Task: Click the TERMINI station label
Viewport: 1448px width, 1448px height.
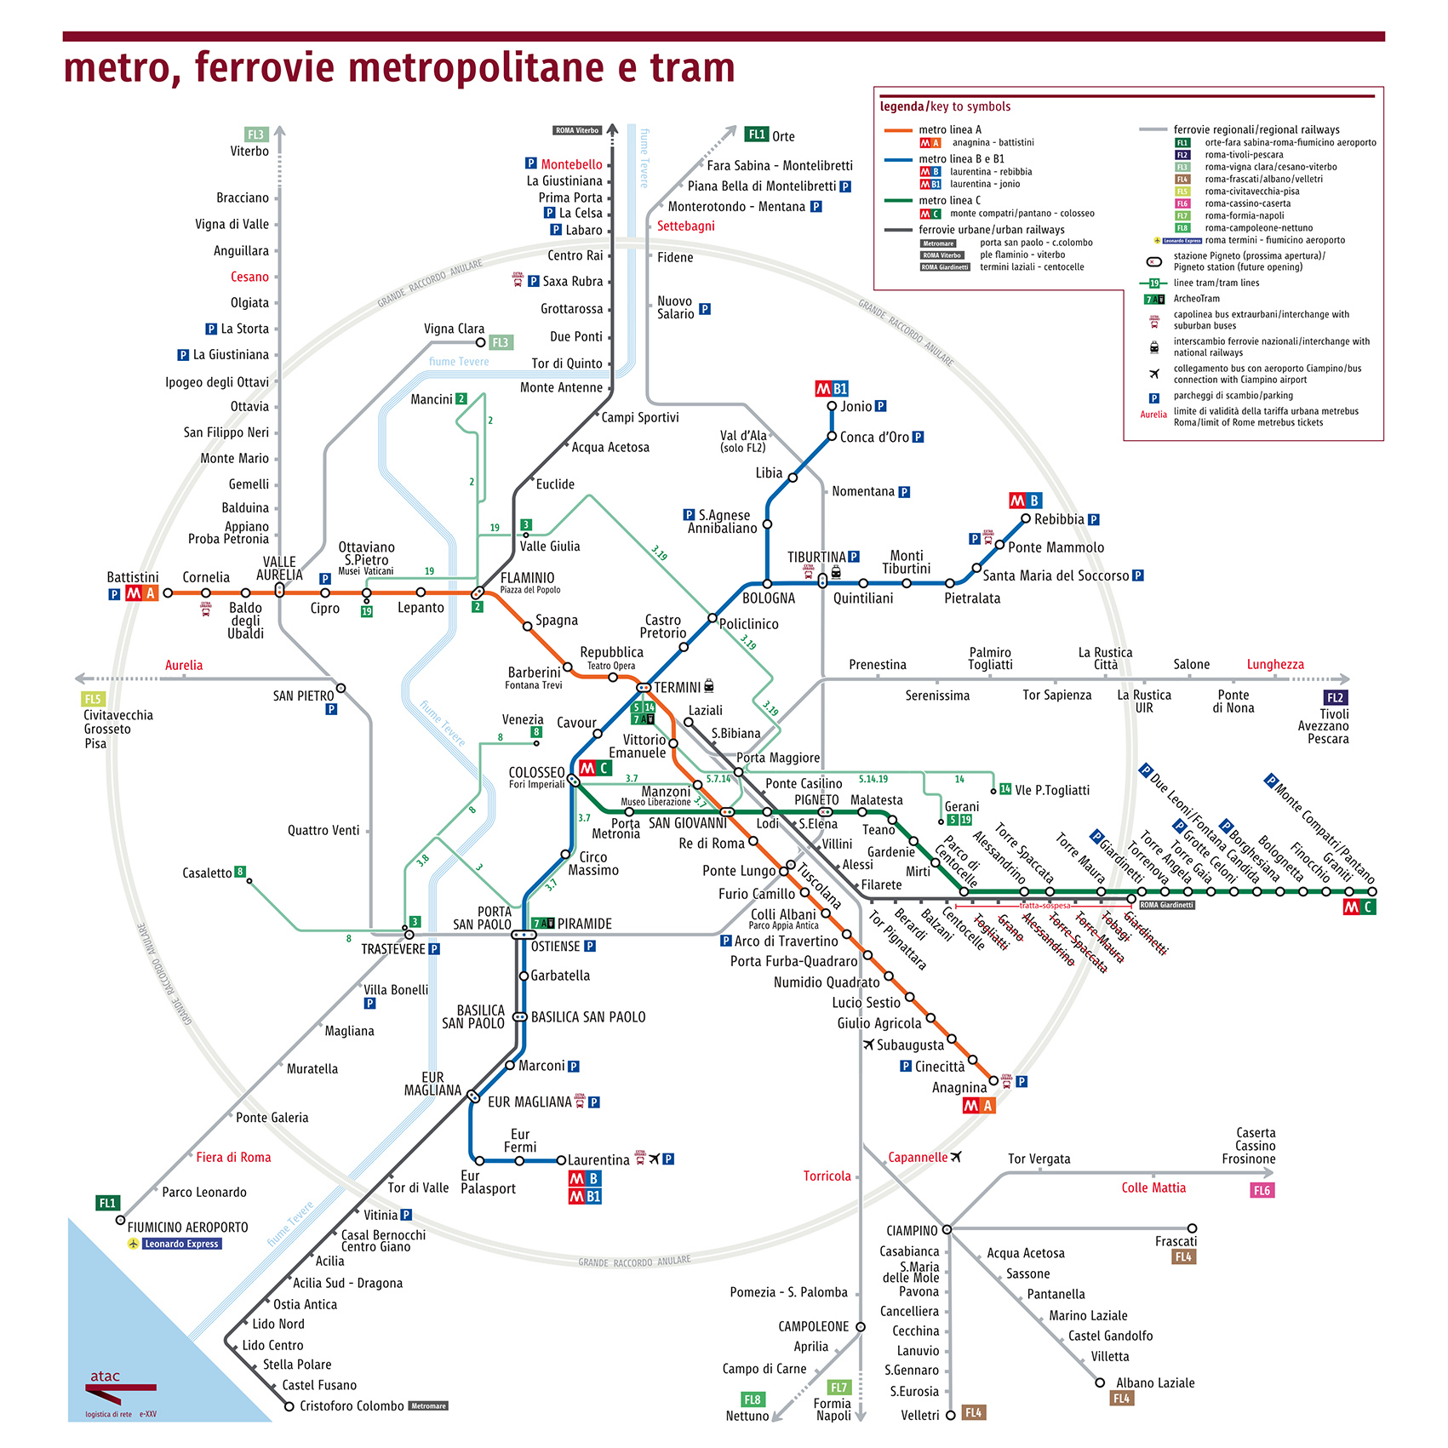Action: pyautogui.click(x=677, y=687)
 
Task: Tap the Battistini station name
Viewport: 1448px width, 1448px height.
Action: pyautogui.click(x=132, y=577)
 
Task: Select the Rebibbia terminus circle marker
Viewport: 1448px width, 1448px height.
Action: pyautogui.click(x=1026, y=518)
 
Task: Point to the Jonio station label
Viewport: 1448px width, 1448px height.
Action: pyautogui.click(x=856, y=406)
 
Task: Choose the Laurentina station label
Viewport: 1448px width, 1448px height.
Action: pyautogui.click(x=598, y=1159)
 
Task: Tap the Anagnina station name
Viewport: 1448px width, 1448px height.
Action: pyautogui.click(x=959, y=1087)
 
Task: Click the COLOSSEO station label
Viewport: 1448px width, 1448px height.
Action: pyautogui.click(x=536, y=772)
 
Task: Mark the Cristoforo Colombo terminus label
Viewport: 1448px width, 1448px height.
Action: pyautogui.click(x=352, y=1405)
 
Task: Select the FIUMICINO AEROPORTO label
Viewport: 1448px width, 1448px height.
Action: pyautogui.click(x=187, y=1227)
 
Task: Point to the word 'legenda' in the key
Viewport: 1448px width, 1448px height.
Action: pyautogui.click(x=901, y=106)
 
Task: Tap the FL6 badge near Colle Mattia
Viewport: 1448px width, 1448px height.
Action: pyautogui.click(x=1262, y=1190)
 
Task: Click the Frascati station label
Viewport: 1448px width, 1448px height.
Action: pyautogui.click(x=1176, y=1241)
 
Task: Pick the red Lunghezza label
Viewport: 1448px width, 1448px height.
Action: pyautogui.click(x=1274, y=664)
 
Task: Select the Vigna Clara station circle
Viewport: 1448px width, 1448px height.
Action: pyautogui.click(x=481, y=342)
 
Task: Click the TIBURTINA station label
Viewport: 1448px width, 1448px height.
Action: pyautogui.click(x=816, y=557)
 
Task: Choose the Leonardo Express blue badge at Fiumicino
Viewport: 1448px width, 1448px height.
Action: pyautogui.click(x=181, y=1244)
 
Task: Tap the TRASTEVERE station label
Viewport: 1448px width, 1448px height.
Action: pyautogui.click(x=392, y=948)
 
